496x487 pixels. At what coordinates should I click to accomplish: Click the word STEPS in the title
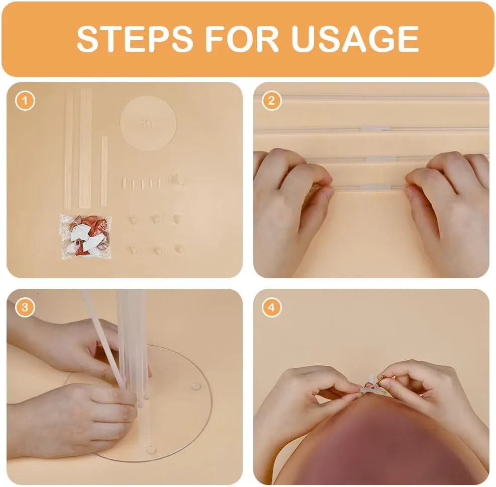pyautogui.click(x=135, y=39)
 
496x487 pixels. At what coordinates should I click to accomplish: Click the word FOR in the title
pyautogui.click(x=241, y=39)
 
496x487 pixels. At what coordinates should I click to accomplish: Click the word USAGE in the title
pyautogui.click(x=355, y=39)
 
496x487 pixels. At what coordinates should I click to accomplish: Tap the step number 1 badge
pyautogui.click(x=25, y=101)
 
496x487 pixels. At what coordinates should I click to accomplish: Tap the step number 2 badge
pyautogui.click(x=271, y=101)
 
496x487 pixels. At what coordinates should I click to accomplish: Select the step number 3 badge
pyautogui.click(x=25, y=307)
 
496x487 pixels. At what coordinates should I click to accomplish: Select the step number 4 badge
pyautogui.click(x=271, y=307)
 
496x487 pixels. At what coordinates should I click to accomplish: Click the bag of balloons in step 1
pyautogui.click(x=86, y=237)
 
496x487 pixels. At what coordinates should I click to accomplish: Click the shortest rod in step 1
pyautogui.click(x=104, y=172)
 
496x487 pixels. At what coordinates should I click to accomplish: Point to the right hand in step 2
pyautogui.click(x=449, y=209)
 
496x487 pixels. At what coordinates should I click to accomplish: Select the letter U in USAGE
pyautogui.click(x=305, y=39)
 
